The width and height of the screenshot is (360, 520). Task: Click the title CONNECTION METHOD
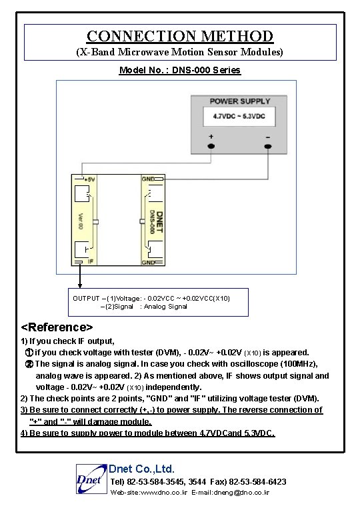[x=180, y=36]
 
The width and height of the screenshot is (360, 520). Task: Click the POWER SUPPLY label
[x=240, y=101]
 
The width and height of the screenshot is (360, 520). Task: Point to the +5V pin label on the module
[x=89, y=179]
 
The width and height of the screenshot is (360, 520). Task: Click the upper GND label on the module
[x=148, y=179]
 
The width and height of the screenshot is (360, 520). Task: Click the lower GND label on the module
[x=148, y=262]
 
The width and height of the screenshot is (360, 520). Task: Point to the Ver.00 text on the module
[x=80, y=220]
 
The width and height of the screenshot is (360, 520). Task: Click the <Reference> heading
[x=57, y=327]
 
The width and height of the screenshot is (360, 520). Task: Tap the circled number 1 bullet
[x=29, y=352]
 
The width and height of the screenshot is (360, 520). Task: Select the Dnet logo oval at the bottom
[x=89, y=479]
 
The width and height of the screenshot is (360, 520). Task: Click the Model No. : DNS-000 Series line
[x=179, y=70]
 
